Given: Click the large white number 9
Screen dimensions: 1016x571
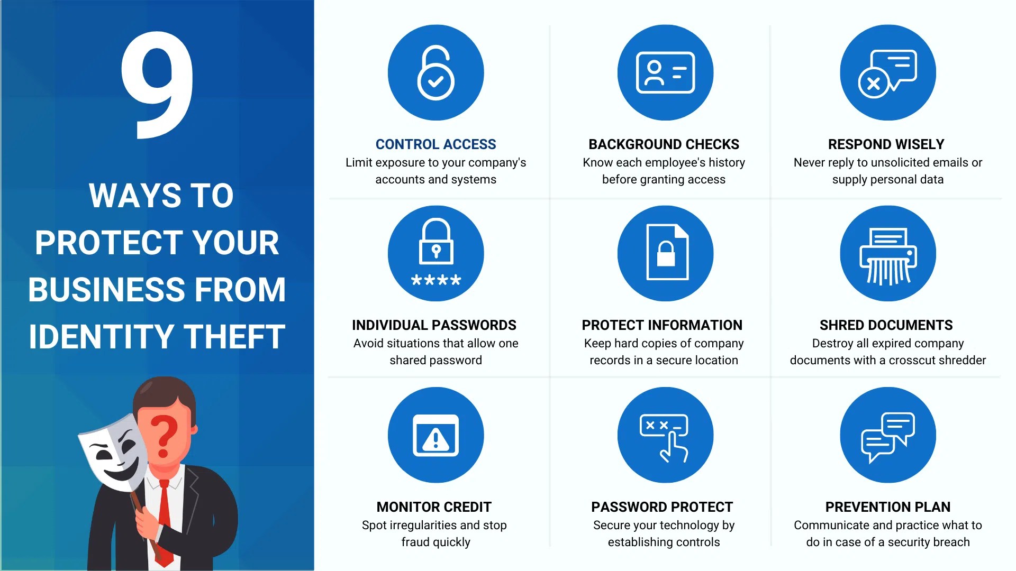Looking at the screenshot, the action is (x=157, y=85).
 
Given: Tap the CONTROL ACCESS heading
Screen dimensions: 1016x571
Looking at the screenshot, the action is (x=436, y=144).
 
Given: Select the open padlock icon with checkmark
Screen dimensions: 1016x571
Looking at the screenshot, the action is (x=436, y=72).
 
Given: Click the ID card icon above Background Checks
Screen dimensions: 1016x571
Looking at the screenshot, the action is (x=665, y=72).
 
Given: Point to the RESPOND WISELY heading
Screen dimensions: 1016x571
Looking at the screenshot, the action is (x=886, y=144).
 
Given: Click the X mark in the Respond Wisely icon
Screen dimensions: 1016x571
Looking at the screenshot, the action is (x=874, y=83).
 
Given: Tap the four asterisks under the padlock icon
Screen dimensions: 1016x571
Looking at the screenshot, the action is (x=436, y=280).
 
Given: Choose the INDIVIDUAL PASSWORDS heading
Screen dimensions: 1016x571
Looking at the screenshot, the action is (x=434, y=325).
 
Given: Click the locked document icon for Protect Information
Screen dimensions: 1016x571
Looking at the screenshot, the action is (x=667, y=252).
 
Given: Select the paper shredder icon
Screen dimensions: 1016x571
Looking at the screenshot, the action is (x=888, y=256).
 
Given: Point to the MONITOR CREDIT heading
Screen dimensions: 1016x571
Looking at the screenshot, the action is (x=434, y=507).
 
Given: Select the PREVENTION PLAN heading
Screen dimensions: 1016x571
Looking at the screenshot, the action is (x=888, y=507).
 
